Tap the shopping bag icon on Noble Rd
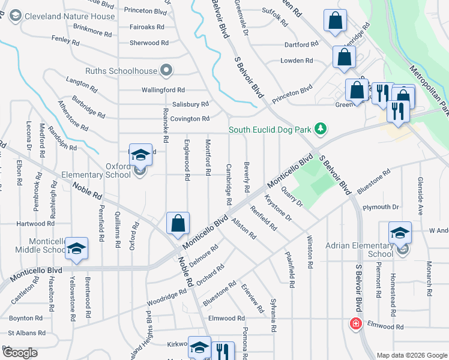tap(178, 224)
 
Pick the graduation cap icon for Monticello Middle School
tap(77, 249)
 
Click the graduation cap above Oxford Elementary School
tap(140, 155)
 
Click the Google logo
tap(20, 353)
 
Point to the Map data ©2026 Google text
tap(412, 355)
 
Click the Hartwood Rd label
tap(35, 223)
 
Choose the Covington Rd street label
tap(190, 119)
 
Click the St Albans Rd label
tap(26, 332)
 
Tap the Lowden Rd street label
tap(297, 61)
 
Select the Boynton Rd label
tap(25, 318)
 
